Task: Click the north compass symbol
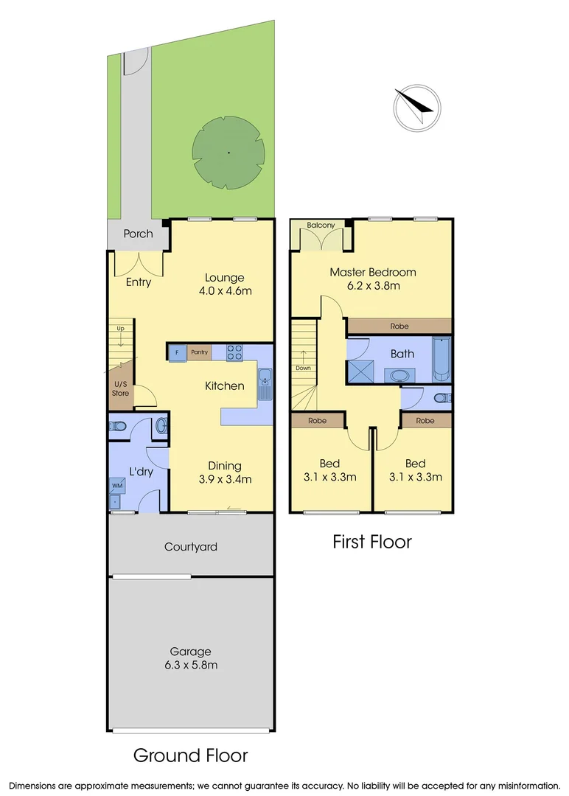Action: [x=417, y=108]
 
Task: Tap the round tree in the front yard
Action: [x=228, y=153]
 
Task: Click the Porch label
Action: [x=138, y=234]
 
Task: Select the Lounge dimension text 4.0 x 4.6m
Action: [x=225, y=290]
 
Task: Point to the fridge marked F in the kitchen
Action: [x=178, y=353]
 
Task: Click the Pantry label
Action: [x=199, y=353]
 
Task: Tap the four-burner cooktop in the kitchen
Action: [x=235, y=353]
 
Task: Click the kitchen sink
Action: [x=265, y=380]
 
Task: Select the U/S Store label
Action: [x=120, y=388]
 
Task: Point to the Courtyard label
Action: [x=190, y=547]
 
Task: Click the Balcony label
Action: [x=321, y=226]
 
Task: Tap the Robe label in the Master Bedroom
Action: [x=399, y=326]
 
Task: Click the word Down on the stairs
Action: [x=303, y=368]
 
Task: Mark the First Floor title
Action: [x=371, y=542]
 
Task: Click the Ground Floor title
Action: [x=190, y=755]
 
